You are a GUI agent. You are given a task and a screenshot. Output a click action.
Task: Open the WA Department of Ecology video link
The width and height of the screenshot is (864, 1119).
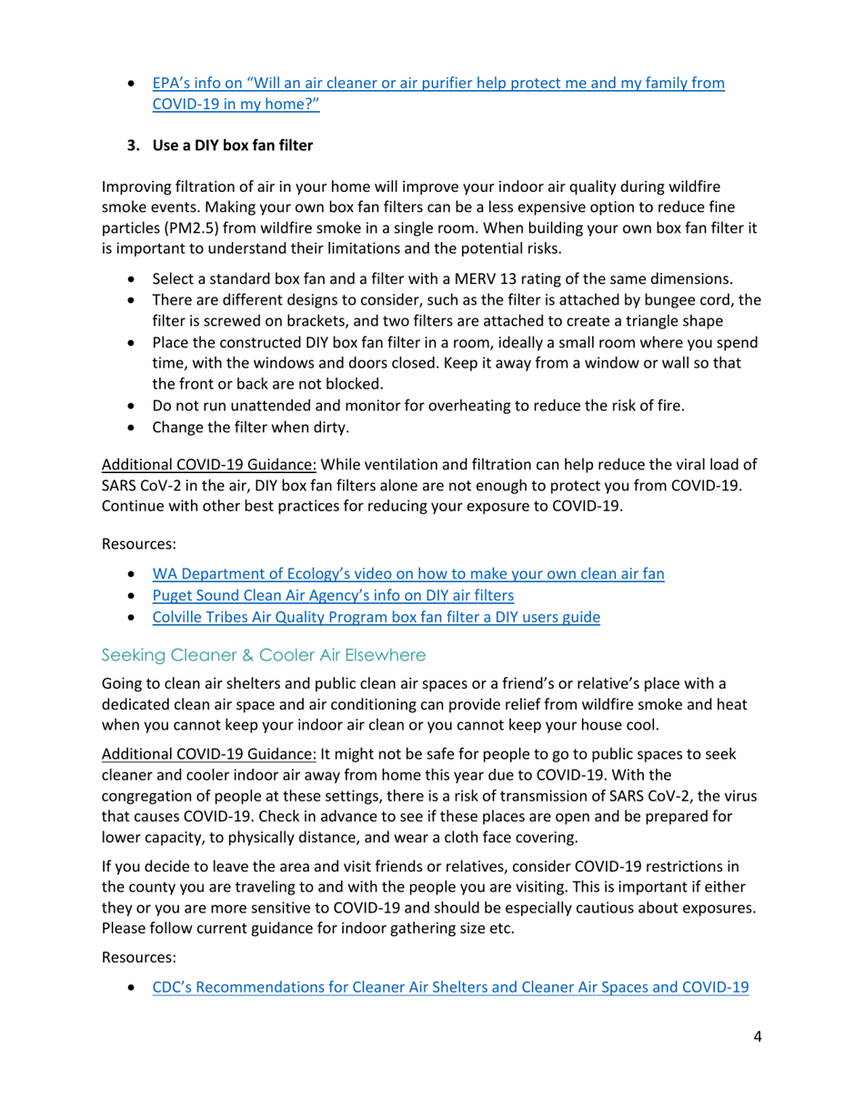point(407,575)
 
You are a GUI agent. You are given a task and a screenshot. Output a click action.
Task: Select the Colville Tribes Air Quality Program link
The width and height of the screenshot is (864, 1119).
point(376,618)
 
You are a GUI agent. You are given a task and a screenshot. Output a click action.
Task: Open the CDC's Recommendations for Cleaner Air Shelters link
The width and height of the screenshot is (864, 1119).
point(450,987)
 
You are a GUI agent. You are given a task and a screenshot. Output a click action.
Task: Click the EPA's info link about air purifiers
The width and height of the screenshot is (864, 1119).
point(437,84)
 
